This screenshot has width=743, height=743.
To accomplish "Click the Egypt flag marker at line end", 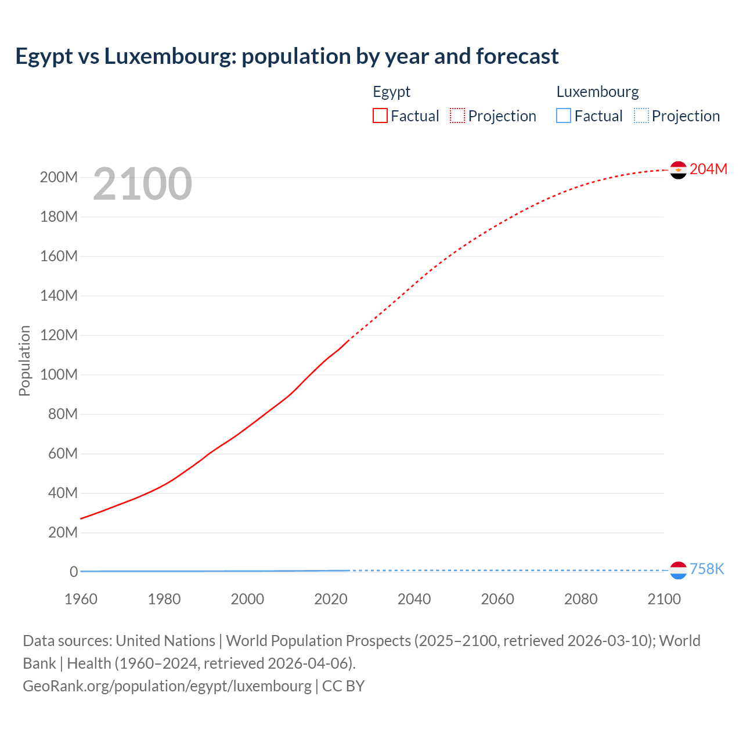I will [x=678, y=170].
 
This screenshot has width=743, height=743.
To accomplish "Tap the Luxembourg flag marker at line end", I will [x=678, y=571].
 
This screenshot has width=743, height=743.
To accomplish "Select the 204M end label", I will [x=708, y=169].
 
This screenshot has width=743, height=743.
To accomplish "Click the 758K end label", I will [x=706, y=569].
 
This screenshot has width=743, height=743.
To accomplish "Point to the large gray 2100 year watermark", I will [x=142, y=184].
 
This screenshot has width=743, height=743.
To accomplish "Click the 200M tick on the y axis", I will [x=59, y=177].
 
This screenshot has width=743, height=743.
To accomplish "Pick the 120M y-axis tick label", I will [x=59, y=335].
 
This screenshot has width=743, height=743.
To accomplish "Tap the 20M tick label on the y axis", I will [x=62, y=532].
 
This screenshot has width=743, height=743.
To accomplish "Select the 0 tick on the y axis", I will [x=74, y=572].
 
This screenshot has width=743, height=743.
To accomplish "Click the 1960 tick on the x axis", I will [x=81, y=599].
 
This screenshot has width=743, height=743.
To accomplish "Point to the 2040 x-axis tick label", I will [x=414, y=599].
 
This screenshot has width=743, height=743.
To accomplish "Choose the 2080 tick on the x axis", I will [x=580, y=599].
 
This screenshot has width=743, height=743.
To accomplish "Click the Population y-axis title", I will [x=24, y=360].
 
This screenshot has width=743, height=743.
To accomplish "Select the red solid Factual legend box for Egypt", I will [x=380, y=116].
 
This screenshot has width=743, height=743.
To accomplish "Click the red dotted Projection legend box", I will [x=457, y=116].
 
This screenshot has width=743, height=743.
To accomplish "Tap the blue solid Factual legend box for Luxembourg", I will [x=564, y=116].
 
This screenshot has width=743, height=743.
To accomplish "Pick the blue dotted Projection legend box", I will [x=641, y=116].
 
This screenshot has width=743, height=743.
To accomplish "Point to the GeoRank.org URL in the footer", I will [x=167, y=686].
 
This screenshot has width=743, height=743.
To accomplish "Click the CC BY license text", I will [x=343, y=686].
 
